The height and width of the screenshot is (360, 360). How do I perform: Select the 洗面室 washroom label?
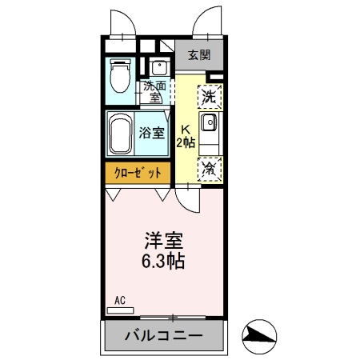pyautogui.click(x=155, y=91)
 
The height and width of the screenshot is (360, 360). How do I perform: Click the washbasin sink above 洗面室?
pyautogui.click(x=158, y=67)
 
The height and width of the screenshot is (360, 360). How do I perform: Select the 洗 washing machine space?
pyautogui.click(x=209, y=98)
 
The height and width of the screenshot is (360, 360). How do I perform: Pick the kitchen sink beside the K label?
pyautogui.click(x=208, y=123)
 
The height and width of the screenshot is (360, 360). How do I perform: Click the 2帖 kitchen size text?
pyautogui.click(x=186, y=142)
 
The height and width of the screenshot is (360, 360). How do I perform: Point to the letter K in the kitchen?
pyautogui.click(x=185, y=129)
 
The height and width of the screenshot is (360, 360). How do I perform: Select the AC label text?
pyautogui.click(x=120, y=300)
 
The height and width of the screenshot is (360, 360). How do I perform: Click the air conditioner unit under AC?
pyautogui.click(x=120, y=310)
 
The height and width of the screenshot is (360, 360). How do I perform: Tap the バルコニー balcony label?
pyautogui.click(x=162, y=337)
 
